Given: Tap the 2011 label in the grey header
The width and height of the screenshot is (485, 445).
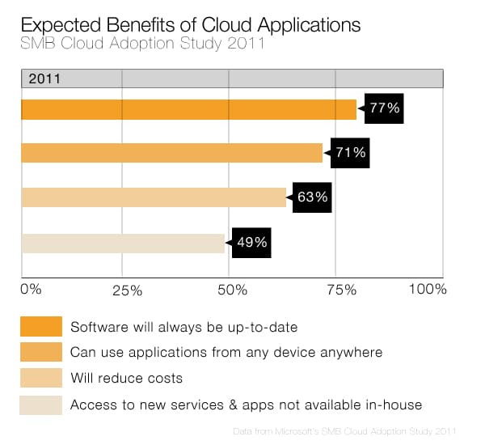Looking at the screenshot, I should pyautogui.click(x=46, y=79).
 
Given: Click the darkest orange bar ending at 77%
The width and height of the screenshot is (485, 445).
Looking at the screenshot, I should pyautogui.click(x=188, y=109).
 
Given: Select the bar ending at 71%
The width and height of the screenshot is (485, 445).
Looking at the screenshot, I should pyautogui.click(x=171, y=153).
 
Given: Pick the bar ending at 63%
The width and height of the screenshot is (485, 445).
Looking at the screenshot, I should pyautogui.click(x=154, y=197).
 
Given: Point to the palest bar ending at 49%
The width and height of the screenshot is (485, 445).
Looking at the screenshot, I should pyautogui.click(x=123, y=243).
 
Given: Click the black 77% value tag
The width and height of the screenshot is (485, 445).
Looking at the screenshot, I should pyautogui.click(x=384, y=108).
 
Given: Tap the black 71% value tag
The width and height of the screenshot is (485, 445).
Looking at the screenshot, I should pyautogui.click(x=350, y=152).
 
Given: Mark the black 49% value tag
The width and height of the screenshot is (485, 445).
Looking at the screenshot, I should pyautogui.click(x=251, y=242).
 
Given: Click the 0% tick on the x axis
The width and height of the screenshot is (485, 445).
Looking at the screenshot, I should pyautogui.click(x=30, y=289).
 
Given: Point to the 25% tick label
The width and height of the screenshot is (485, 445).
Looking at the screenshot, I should pyautogui.click(x=125, y=290).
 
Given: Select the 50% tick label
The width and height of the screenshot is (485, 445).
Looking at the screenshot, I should pyautogui.click(x=230, y=290).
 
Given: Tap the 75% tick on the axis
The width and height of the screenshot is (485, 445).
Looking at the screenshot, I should pyautogui.click(x=341, y=290).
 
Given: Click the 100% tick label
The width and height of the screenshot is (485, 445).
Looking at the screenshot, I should pyautogui.click(x=427, y=289).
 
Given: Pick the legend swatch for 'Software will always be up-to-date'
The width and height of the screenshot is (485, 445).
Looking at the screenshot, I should pyautogui.click(x=41, y=327).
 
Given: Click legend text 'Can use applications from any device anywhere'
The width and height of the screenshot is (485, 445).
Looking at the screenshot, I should pyautogui.click(x=226, y=353).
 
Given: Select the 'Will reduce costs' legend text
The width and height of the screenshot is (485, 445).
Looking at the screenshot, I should pyautogui.click(x=127, y=378).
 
